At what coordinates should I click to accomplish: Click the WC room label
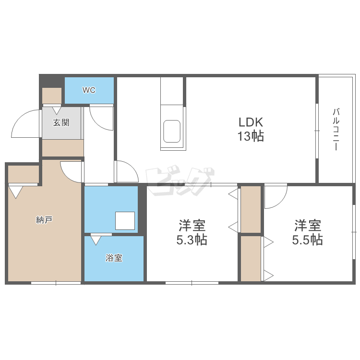(x=89, y=90)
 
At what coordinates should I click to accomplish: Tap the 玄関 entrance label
(x=61, y=122)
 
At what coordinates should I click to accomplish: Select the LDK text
(x=251, y=122)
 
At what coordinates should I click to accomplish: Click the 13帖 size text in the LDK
(x=251, y=136)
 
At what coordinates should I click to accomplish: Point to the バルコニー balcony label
(x=336, y=129)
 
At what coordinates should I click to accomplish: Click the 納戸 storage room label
(x=44, y=220)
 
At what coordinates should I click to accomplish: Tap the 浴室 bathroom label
(x=114, y=258)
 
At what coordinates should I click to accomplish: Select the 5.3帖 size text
(x=192, y=240)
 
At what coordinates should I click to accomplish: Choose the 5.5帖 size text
(x=307, y=240)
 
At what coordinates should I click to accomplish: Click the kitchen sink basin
(x=172, y=131)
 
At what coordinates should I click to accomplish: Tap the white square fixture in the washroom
(x=125, y=220)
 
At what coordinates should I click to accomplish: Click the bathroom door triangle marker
(x=96, y=240)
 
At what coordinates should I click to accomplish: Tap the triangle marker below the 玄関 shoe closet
(x=57, y=111)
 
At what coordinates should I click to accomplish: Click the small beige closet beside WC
(x=52, y=96)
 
